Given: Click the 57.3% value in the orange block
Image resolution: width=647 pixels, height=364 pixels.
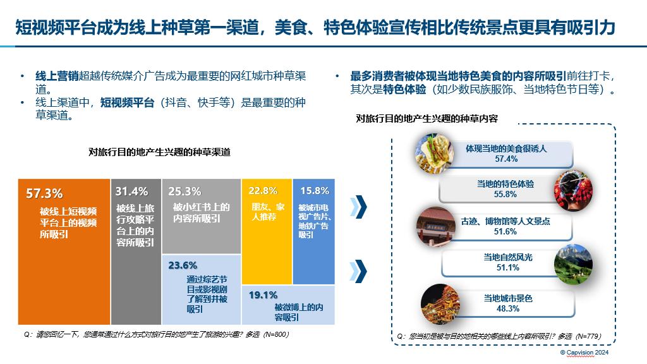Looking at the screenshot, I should coord(44,193).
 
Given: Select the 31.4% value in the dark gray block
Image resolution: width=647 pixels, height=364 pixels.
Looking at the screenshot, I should coord(131,191).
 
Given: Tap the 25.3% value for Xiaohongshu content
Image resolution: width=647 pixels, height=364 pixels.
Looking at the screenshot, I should coord(184,191).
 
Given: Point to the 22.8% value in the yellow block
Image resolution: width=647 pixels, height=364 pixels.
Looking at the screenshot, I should coord(263,191).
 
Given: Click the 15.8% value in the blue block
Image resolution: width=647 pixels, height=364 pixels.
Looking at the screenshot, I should coord(314,191).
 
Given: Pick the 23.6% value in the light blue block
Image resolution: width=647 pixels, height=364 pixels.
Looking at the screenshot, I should coord(183,265).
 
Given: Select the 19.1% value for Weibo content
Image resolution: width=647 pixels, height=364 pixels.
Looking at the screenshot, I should coord(263,295).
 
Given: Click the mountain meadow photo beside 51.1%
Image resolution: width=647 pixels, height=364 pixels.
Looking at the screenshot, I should coord(574,262).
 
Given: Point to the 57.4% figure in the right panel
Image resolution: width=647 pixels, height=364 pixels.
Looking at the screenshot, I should coord(506,159).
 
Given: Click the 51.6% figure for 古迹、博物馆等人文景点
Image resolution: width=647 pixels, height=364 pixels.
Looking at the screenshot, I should coord(506,231).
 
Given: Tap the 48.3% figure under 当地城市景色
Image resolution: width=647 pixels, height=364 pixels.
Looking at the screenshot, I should coord(508,308).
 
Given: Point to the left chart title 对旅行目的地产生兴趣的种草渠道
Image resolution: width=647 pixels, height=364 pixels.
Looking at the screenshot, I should coord(159,152).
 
